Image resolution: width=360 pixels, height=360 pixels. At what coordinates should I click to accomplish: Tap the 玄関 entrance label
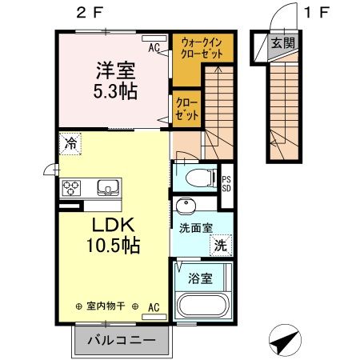point(282,43)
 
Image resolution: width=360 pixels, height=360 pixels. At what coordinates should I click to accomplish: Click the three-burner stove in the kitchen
point(71,189)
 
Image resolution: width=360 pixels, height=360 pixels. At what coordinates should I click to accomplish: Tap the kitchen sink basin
point(106,189)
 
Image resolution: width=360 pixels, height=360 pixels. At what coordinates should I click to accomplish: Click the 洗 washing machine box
point(220,246)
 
